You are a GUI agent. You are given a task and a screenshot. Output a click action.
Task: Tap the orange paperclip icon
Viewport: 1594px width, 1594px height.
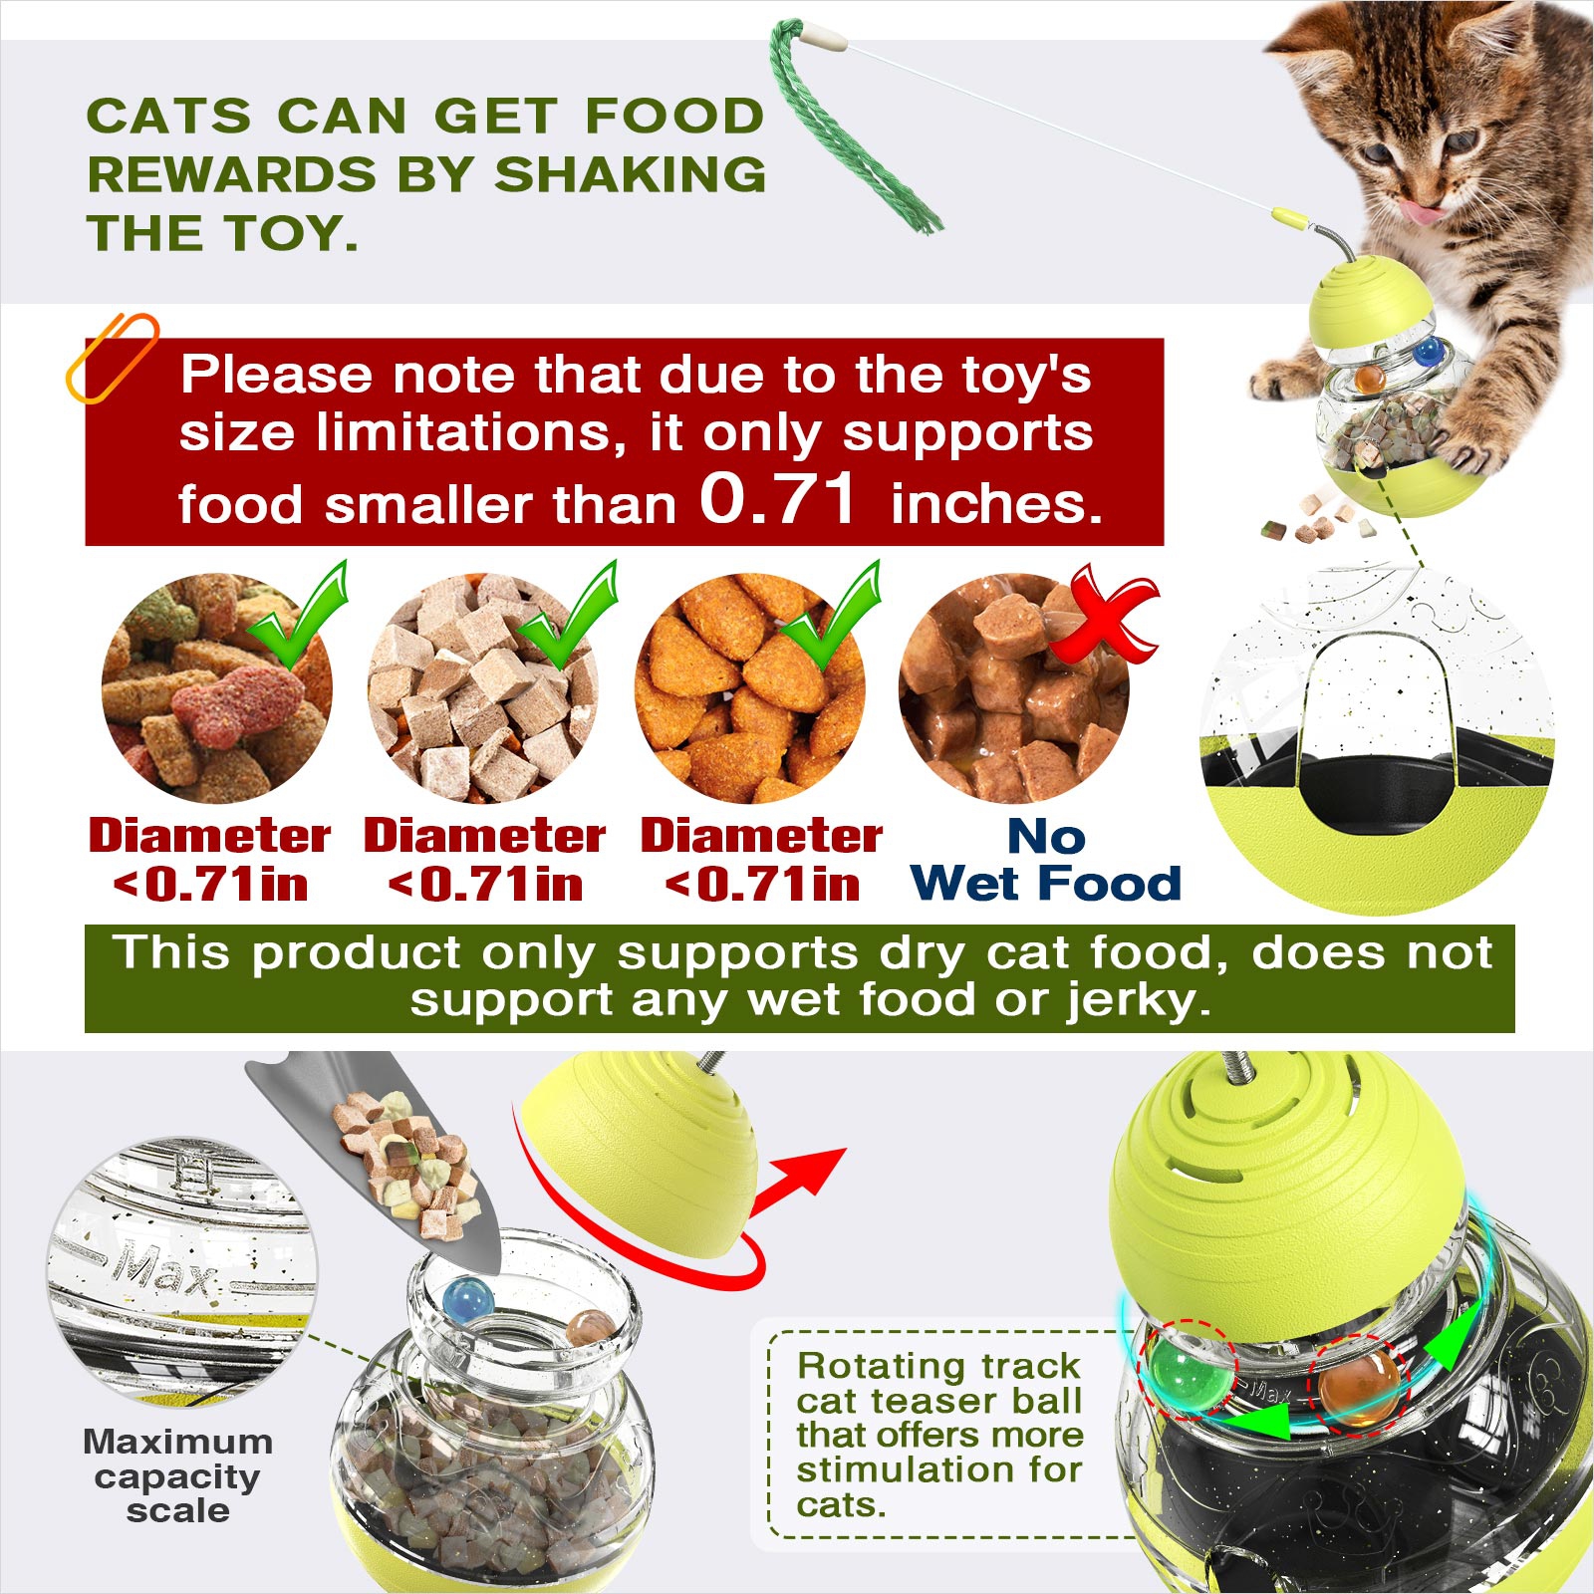tap(112, 357)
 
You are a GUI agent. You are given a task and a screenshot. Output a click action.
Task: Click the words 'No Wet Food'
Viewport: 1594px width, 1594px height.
tap(1046, 860)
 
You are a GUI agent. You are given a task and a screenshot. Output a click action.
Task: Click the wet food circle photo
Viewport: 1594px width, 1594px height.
tap(1014, 688)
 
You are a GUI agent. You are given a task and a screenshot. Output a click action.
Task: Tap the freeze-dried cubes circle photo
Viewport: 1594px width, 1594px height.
tap(483, 688)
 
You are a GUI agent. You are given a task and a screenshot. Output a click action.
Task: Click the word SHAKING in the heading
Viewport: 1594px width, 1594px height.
tap(631, 174)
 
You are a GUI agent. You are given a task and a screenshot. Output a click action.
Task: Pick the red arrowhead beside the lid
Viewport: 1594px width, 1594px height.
tap(807, 1176)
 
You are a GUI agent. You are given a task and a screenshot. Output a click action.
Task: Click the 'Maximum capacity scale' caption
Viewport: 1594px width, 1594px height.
tap(177, 1475)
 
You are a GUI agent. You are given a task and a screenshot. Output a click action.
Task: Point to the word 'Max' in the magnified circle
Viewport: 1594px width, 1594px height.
tap(164, 1265)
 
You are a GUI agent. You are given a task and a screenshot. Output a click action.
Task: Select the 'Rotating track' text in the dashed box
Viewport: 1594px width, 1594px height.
tap(938, 1365)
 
